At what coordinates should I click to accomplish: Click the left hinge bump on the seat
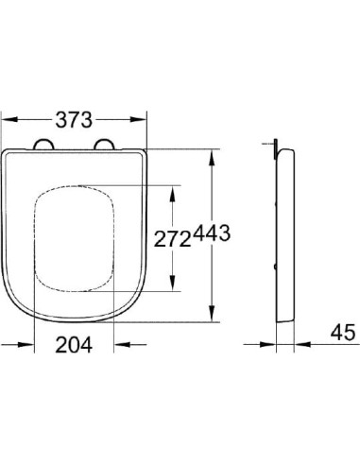(43, 145)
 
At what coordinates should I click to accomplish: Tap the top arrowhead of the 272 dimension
(171, 188)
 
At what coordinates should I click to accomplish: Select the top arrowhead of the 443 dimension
(213, 154)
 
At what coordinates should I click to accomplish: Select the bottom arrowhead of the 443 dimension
(213, 319)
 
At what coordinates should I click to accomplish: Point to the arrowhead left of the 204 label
(38, 345)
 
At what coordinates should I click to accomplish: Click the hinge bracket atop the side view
(275, 146)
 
